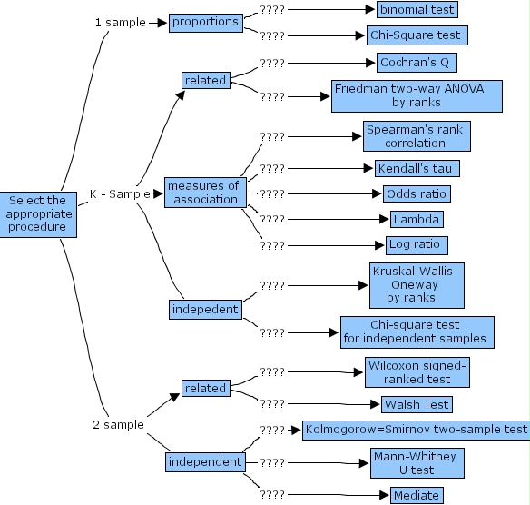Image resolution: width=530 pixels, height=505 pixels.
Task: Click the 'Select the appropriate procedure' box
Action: click(x=36, y=214)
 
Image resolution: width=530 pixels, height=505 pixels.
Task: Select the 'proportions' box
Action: click(x=205, y=22)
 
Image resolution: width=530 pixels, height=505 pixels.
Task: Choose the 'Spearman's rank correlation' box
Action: click(x=417, y=137)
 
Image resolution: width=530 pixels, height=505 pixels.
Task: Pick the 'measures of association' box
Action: click(x=202, y=193)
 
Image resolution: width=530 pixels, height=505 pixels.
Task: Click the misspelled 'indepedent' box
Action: click(x=204, y=310)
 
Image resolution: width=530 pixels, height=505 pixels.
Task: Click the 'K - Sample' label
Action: click(x=120, y=194)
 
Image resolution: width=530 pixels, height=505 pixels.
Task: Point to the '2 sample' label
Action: click(x=118, y=425)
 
